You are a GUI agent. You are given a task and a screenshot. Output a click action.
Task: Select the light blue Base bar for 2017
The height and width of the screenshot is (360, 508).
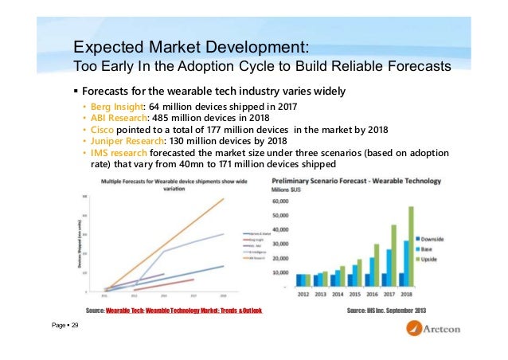click(389, 267)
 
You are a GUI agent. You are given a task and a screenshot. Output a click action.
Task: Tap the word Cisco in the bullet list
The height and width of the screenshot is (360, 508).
click(101, 130)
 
